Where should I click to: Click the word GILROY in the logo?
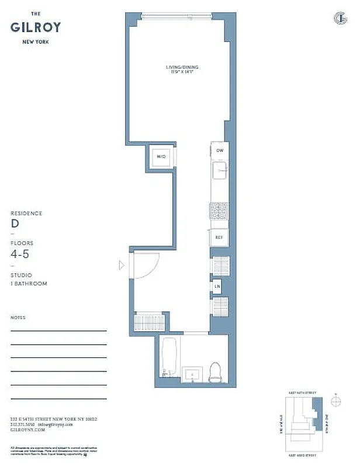tap(35, 27)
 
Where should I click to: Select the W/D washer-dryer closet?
tap(161, 156)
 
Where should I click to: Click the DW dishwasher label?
tap(220, 150)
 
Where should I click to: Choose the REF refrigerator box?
tap(219, 237)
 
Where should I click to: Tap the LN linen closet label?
tap(217, 286)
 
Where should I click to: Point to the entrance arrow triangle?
tap(122, 266)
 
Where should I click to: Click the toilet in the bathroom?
tap(215, 371)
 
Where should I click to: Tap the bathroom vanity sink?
tap(191, 374)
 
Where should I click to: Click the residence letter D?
tap(15, 223)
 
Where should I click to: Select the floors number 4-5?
tap(22, 254)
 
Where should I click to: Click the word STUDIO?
tap(22, 275)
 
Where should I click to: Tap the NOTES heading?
tap(18, 318)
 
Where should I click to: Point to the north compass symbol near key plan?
tap(335, 401)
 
